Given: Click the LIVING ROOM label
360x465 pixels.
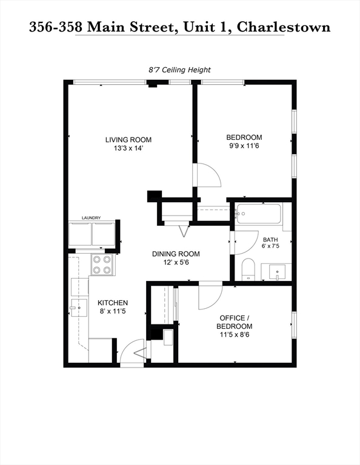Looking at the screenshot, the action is pos(128,140).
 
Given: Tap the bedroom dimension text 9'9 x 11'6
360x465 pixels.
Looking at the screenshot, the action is pos(244,146).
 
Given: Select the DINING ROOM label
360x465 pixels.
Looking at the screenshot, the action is pos(176,254).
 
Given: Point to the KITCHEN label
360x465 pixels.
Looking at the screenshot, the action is pos(113,303).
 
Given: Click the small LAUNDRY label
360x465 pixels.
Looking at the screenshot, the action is pos(91,218).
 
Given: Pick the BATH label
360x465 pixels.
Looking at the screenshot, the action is pos(270,240).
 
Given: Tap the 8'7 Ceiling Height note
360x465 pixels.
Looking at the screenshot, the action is pos(179,70).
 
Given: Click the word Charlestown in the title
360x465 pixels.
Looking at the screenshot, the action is pos(284,27).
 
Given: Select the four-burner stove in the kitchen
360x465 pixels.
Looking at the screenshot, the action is pos(102,265).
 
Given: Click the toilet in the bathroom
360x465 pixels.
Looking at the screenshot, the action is pos(248,269).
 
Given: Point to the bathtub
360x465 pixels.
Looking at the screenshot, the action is pos(258,214).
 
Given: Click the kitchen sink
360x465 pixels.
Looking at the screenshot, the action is pos(79,308).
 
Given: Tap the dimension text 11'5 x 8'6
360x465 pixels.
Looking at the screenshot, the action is pos(235,335).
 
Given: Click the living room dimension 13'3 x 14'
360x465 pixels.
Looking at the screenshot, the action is pos(128,148).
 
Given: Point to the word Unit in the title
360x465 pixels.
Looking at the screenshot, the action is pos(199,27).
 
